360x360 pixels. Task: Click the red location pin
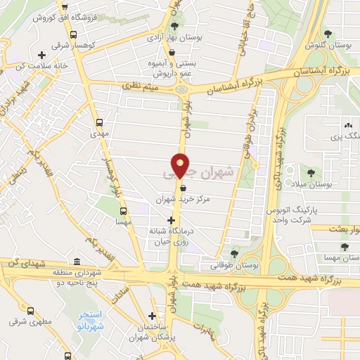[x=181, y=165]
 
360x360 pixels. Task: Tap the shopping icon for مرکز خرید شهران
[x=183, y=188]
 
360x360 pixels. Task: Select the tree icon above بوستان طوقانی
[x=234, y=254]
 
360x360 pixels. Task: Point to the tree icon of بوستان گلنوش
[x=327, y=32]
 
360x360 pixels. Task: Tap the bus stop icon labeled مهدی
[x=98, y=121]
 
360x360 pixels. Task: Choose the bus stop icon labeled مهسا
[x=124, y=210]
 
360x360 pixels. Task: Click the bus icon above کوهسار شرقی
[x=74, y=33]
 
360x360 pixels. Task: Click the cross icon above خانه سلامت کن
[x=42, y=55]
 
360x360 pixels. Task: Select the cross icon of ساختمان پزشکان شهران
[x=153, y=316]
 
